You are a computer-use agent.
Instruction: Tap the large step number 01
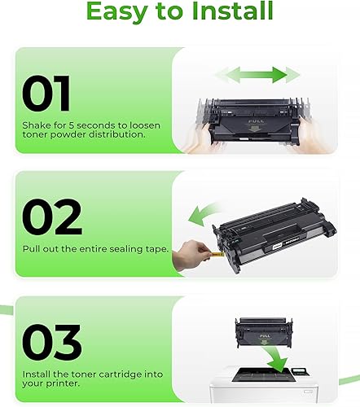click(x=48, y=94)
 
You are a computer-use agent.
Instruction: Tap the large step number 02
click(x=51, y=217)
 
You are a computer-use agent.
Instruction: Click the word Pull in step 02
click(x=35, y=249)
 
